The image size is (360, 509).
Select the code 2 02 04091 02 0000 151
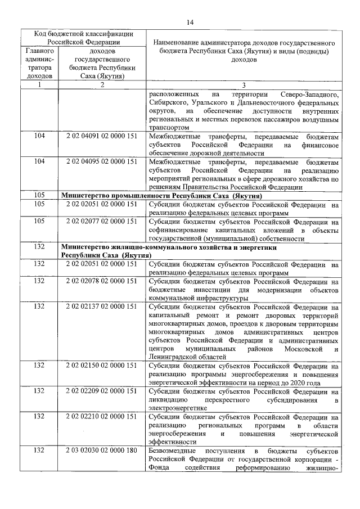click(x=101, y=137)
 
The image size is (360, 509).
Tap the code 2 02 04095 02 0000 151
click(x=101, y=161)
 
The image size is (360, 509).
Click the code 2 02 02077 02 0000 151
click(x=101, y=221)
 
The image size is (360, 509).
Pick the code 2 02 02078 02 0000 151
click(x=101, y=281)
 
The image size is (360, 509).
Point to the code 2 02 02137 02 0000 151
click(x=101, y=307)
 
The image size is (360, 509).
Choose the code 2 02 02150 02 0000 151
click(x=101, y=366)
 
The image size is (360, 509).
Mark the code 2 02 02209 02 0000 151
click(x=101, y=390)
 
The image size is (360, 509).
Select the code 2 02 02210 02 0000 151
click(x=101, y=416)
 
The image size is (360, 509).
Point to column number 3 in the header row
click(x=244, y=84)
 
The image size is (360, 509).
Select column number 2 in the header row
click(x=101, y=84)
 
